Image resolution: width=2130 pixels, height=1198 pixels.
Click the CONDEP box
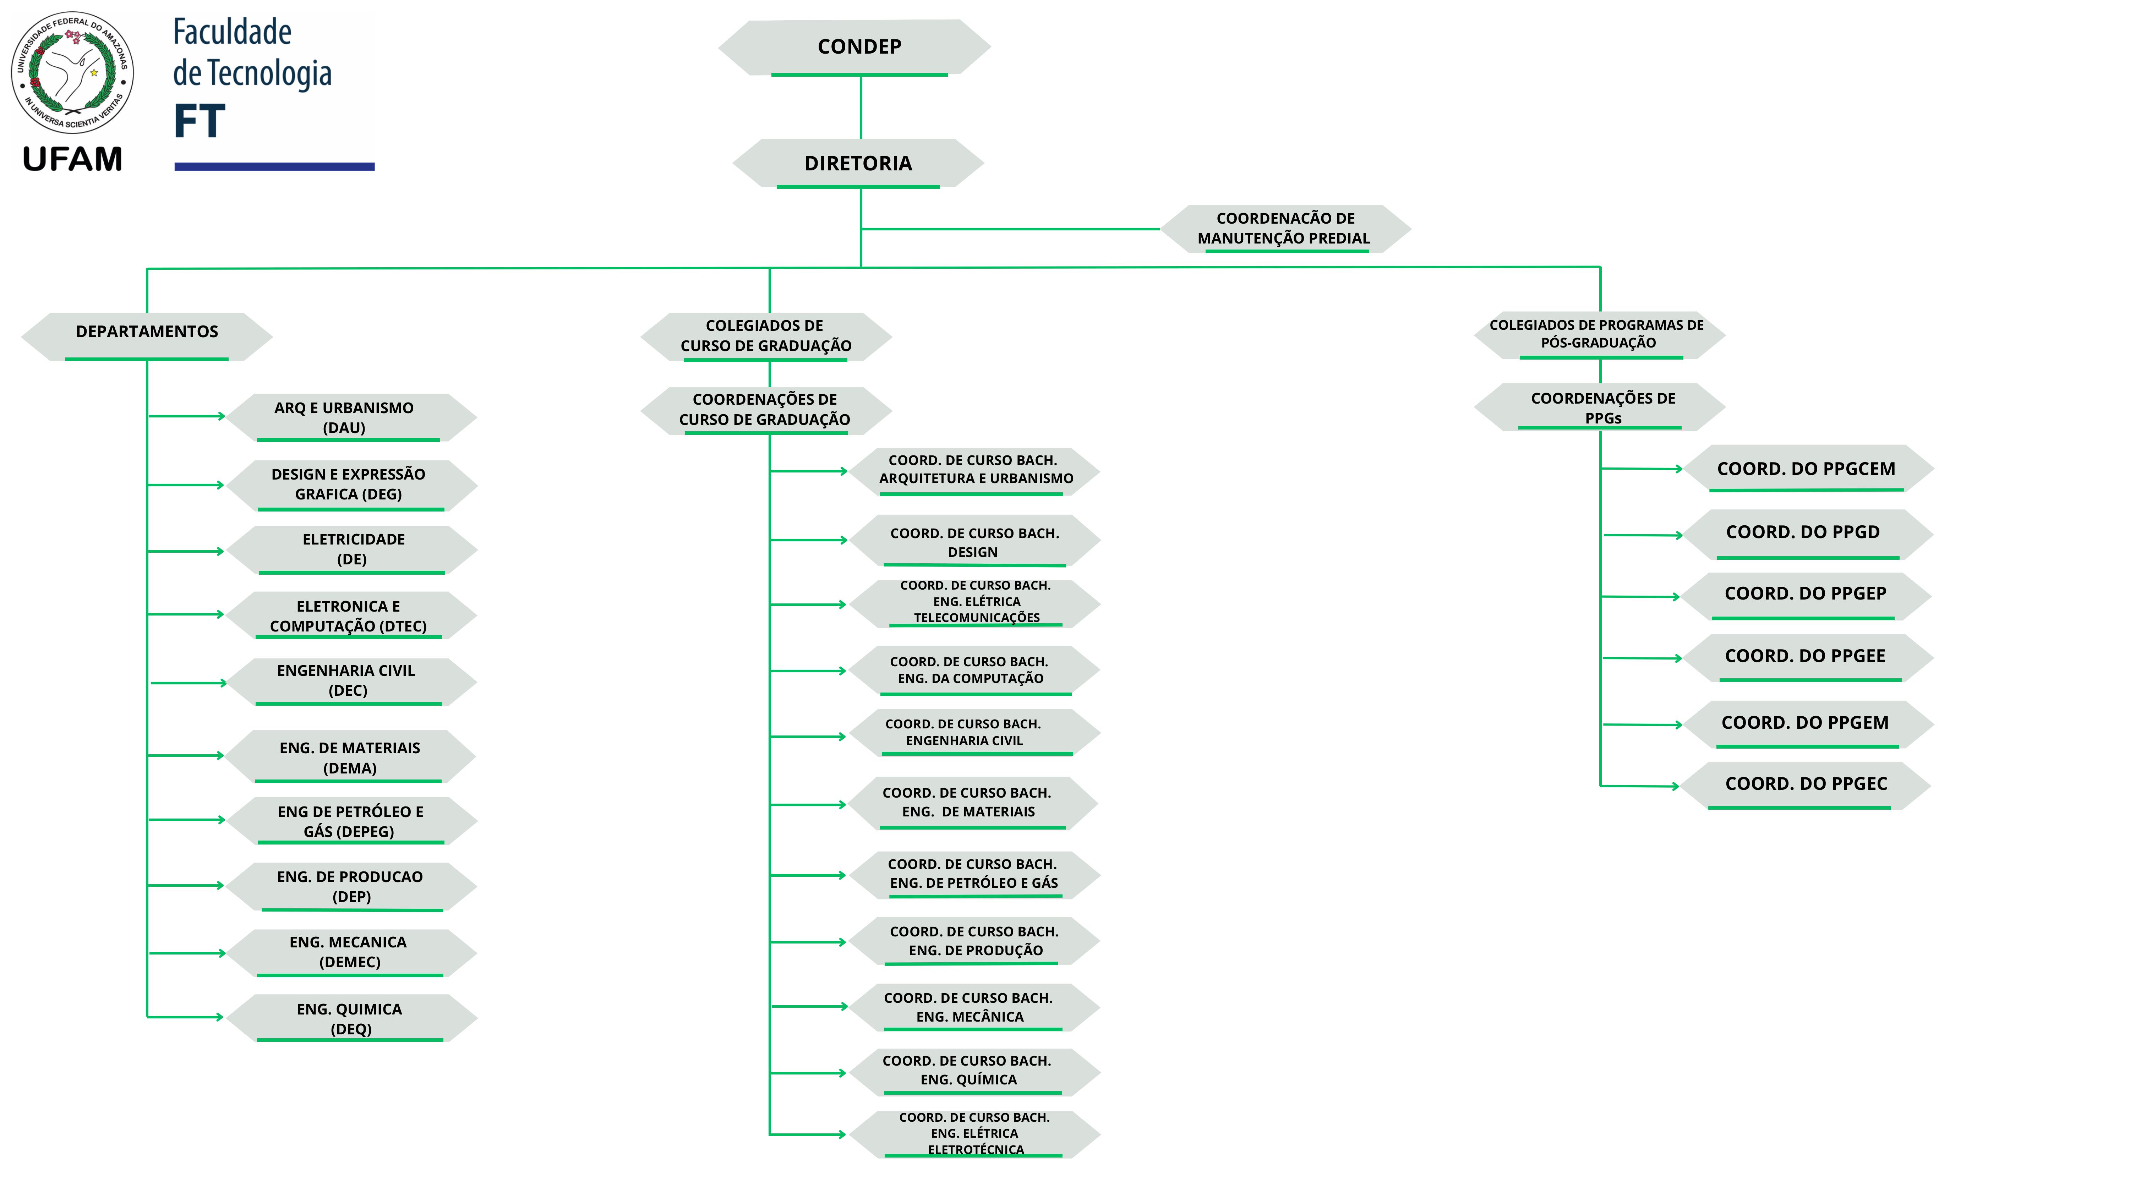tap(858, 47)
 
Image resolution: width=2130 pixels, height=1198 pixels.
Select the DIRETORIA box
tap(858, 163)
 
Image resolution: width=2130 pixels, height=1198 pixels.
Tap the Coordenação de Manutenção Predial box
tap(1285, 228)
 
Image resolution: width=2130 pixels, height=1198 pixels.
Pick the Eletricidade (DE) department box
tap(352, 549)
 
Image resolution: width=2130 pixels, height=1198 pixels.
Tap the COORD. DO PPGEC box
tap(1806, 784)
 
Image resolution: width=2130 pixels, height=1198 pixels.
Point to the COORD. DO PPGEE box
tap(1806, 656)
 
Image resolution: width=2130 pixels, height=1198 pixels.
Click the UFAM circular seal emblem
tap(73, 73)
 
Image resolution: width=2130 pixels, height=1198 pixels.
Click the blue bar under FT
tap(274, 167)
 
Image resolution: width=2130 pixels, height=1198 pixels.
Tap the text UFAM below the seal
tap(73, 159)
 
